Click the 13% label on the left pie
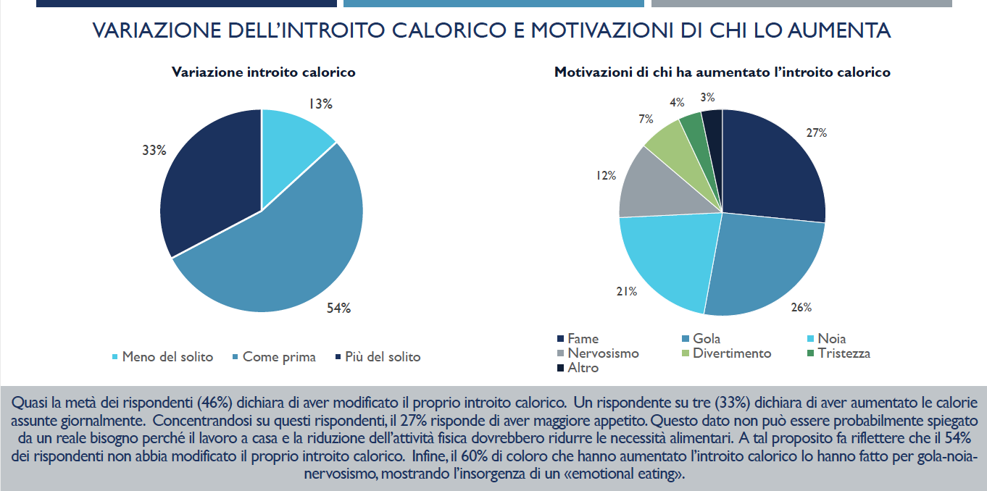point(320,104)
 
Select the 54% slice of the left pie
point(290,246)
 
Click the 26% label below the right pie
point(801,307)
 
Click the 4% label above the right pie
point(677,102)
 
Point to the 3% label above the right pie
point(708,97)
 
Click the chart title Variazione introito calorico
point(263,72)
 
